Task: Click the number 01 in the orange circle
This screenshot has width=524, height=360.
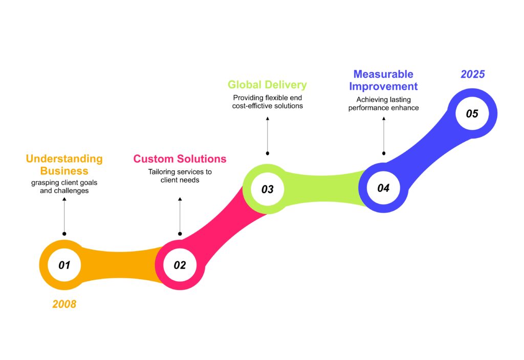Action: click(64, 265)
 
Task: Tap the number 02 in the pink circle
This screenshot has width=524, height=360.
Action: click(180, 265)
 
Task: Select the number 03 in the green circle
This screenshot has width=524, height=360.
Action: click(268, 190)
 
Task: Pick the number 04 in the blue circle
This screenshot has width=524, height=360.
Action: click(383, 188)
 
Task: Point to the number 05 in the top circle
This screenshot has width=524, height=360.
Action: click(472, 114)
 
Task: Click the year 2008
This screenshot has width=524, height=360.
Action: click(64, 304)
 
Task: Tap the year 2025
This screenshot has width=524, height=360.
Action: click(472, 74)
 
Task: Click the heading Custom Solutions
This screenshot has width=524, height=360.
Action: click(180, 159)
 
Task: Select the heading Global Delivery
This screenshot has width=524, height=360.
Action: click(267, 84)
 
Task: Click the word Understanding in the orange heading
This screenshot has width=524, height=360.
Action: click(64, 159)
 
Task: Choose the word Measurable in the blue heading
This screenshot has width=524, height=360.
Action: click(383, 74)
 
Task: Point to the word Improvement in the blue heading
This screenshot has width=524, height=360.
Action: click(383, 86)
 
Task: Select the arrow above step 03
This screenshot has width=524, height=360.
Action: click(267, 135)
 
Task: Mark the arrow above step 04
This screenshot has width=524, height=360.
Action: click(383, 135)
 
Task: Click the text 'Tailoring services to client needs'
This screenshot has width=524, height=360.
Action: click(180, 176)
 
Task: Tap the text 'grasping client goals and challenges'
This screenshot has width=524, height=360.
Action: click(64, 187)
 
